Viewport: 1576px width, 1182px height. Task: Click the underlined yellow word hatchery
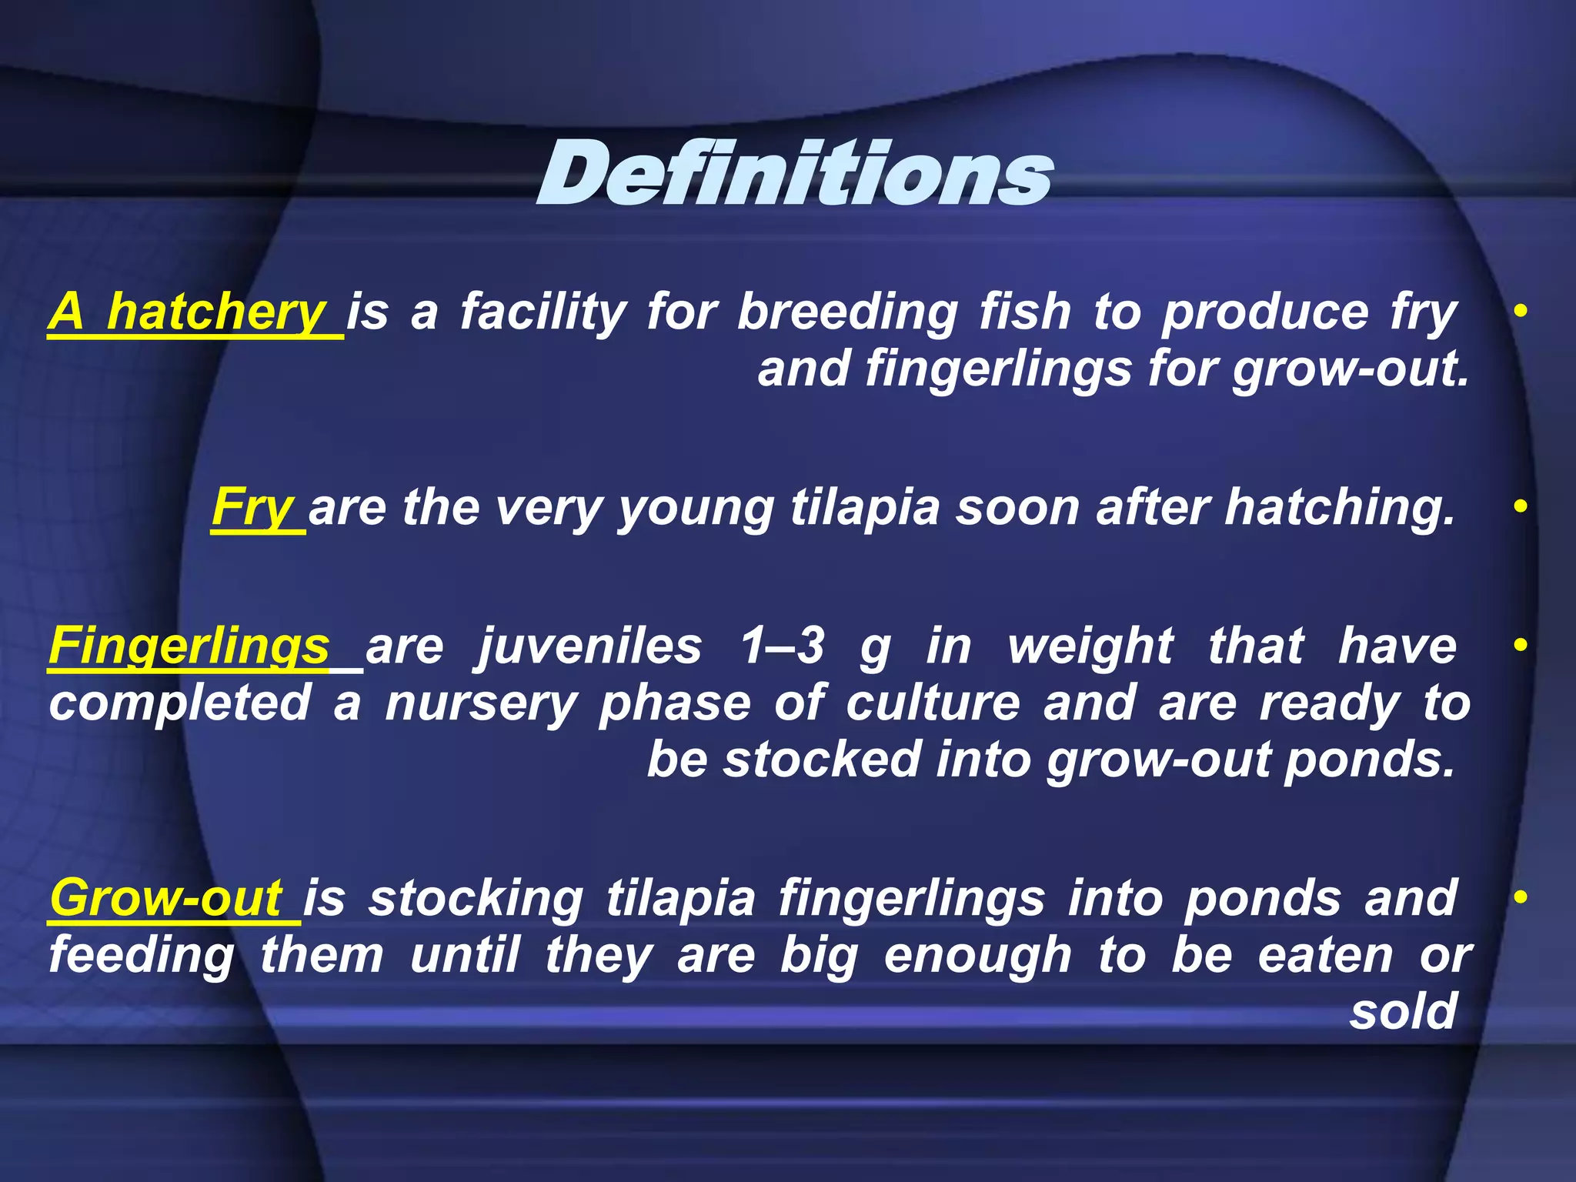216,312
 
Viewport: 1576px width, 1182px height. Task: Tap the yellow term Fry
253,508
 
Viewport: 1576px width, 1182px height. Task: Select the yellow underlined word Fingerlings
189,646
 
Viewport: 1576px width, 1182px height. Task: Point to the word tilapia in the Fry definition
865,508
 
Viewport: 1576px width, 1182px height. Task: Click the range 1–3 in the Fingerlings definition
783,646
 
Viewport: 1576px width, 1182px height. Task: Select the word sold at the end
1403,1011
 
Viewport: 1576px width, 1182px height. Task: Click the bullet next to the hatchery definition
1520,312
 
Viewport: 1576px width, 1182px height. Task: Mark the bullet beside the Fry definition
1520,507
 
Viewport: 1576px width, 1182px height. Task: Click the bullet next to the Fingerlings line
1520,645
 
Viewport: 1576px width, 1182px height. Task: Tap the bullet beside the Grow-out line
1520,897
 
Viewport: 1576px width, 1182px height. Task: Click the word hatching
1340,508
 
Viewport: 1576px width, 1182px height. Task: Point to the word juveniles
589,646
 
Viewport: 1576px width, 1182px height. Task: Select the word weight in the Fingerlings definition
1090,646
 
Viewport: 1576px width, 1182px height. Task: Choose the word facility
543,312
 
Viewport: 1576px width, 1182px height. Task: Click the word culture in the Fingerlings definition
933,703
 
